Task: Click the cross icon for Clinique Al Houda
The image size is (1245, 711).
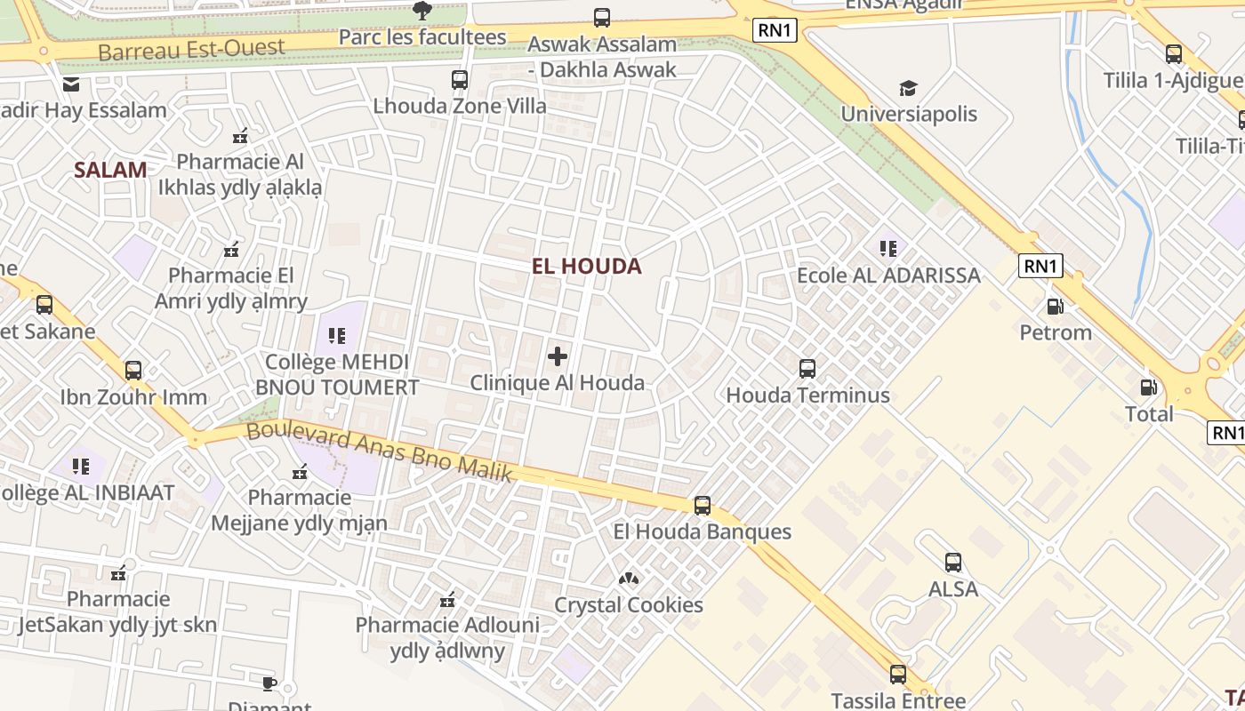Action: click(x=558, y=356)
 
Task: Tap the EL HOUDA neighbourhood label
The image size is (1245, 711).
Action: click(x=586, y=266)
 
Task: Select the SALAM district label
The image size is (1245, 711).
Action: click(x=110, y=170)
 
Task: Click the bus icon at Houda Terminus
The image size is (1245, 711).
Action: click(x=807, y=368)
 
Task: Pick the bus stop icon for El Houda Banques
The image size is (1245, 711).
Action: click(x=703, y=505)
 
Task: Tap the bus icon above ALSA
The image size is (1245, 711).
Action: click(x=953, y=562)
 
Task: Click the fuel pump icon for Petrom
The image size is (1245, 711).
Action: click(x=1056, y=307)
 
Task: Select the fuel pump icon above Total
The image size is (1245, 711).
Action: click(x=1149, y=387)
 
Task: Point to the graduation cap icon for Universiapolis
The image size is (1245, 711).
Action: click(x=908, y=88)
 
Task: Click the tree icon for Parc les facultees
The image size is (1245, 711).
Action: click(x=422, y=11)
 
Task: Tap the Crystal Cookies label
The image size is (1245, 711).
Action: click(x=629, y=605)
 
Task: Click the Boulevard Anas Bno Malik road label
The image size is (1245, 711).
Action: click(x=380, y=451)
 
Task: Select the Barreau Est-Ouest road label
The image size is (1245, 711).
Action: click(x=191, y=49)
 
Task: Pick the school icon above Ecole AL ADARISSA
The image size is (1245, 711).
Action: click(x=888, y=248)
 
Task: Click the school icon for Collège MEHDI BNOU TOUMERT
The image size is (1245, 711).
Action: click(x=337, y=335)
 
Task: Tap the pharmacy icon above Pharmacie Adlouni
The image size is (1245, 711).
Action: click(x=447, y=600)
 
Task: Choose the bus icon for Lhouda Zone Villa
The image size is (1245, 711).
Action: click(x=460, y=79)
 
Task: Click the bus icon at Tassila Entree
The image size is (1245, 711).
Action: click(x=898, y=674)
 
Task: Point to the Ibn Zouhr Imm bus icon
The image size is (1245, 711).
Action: click(x=133, y=370)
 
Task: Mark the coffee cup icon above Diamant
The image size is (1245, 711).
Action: click(x=269, y=683)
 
